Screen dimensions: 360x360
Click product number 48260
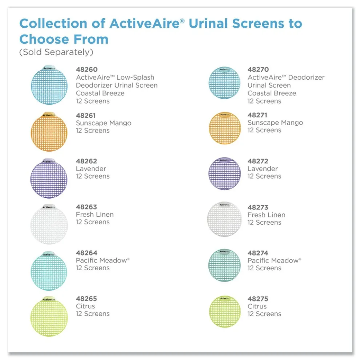87,69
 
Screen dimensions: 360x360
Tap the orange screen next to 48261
49,132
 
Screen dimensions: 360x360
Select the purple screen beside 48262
49,178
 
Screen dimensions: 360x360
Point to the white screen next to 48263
49,224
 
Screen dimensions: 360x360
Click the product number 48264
87,253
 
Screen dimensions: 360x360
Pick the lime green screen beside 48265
49,316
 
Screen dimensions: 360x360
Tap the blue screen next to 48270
224,83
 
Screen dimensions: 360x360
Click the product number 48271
257,115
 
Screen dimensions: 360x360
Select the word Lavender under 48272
263,169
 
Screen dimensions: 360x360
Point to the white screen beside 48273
224,219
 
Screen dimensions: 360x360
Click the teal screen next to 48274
224,265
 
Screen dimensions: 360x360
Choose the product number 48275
258,299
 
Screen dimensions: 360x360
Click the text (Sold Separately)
56,52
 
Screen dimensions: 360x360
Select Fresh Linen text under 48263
95,215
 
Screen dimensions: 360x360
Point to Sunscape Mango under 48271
275,123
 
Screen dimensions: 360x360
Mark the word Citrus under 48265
85,306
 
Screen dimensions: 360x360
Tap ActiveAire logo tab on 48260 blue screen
49,68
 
